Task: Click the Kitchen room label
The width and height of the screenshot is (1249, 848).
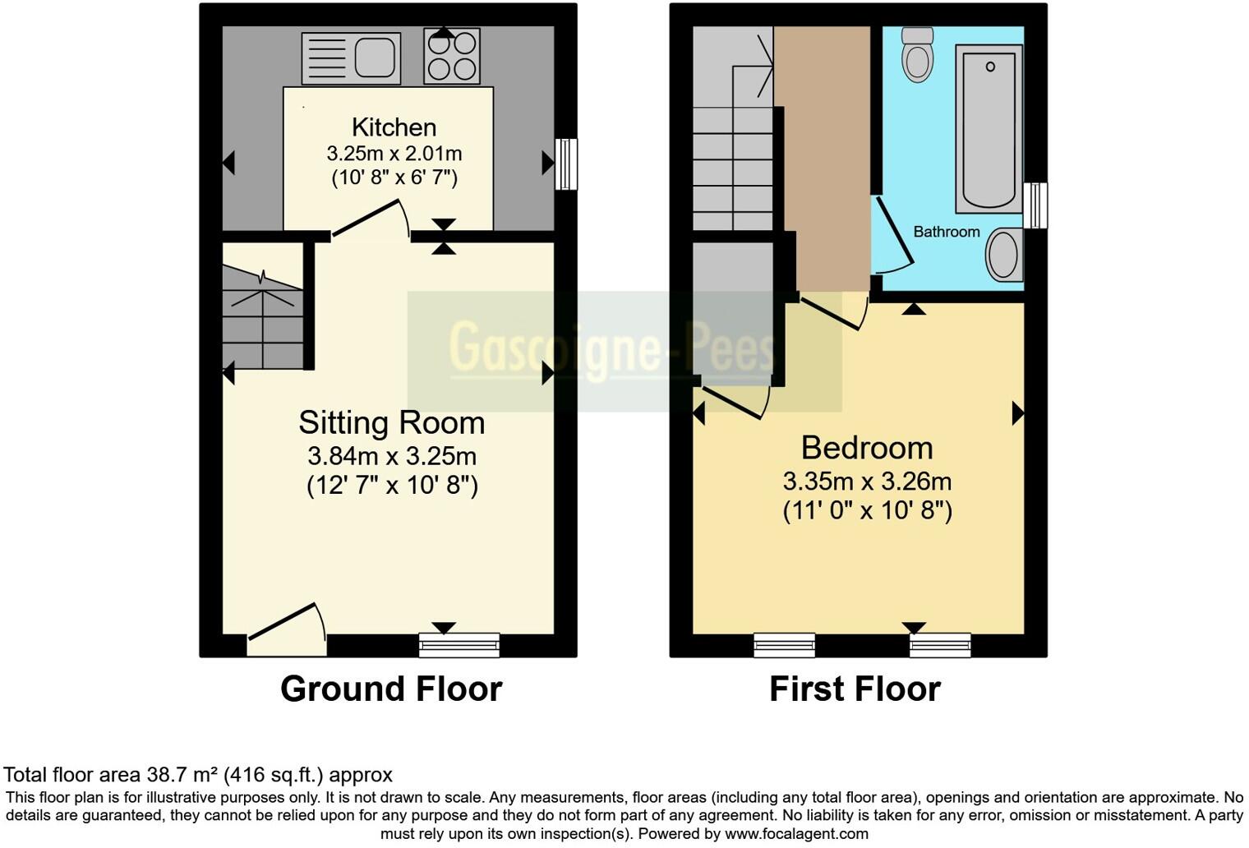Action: tap(394, 127)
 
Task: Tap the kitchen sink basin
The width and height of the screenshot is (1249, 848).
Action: tap(375, 58)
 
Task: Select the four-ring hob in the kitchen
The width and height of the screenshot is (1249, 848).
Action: tap(451, 56)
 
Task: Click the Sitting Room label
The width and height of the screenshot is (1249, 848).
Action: tap(391, 422)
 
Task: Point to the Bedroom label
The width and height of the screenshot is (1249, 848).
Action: tap(867, 448)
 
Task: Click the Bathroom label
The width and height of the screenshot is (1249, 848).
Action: tap(947, 232)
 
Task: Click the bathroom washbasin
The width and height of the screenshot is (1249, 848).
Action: tap(1003, 254)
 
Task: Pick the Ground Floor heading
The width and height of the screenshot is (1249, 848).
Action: tap(391, 689)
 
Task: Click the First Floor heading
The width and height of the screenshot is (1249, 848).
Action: tap(855, 689)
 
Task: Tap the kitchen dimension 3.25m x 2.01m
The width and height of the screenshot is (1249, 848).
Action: tap(394, 154)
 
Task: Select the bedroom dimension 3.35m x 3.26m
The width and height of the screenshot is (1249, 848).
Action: tap(867, 481)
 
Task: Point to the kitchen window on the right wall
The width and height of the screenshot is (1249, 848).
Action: tap(566, 164)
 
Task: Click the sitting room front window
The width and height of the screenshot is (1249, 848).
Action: tap(459, 645)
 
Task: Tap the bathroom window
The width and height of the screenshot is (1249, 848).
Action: tap(1038, 205)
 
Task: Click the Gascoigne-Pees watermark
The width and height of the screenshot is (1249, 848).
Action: tap(612, 347)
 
